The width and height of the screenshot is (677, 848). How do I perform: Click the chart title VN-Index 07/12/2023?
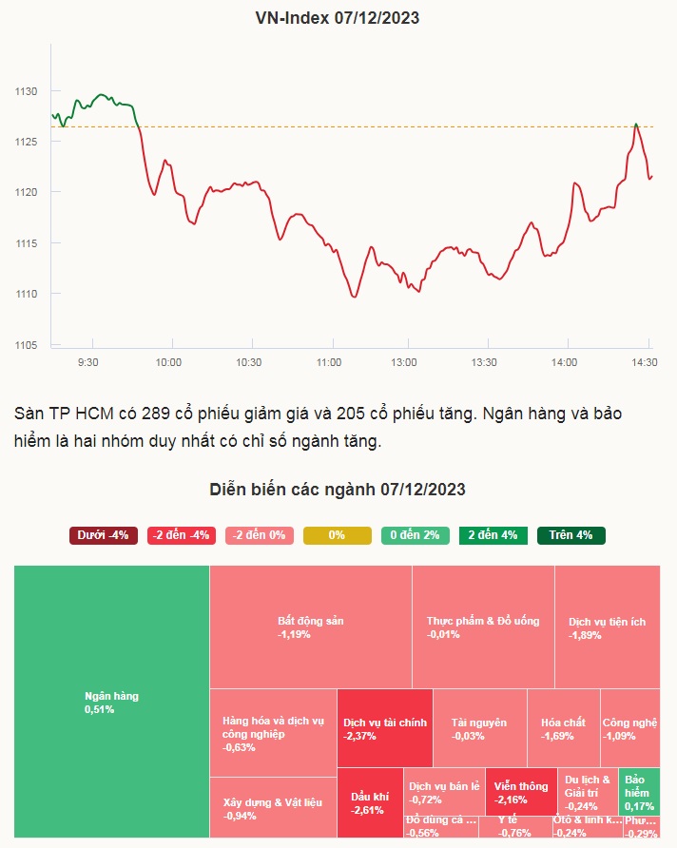click(338, 17)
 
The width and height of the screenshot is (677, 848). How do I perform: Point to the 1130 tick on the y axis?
click(25, 91)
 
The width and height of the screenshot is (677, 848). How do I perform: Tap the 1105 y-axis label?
click(25, 344)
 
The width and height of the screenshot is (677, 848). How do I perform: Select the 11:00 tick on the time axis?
click(329, 362)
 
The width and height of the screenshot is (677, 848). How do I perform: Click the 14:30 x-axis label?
click(646, 362)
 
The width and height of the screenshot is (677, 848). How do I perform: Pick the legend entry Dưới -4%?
click(104, 535)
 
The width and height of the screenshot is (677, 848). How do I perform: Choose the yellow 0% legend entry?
click(337, 535)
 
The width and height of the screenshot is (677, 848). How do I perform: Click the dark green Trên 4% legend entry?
click(571, 535)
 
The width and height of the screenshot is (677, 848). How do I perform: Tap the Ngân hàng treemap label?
click(111, 696)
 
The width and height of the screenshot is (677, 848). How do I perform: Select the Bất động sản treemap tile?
click(310, 626)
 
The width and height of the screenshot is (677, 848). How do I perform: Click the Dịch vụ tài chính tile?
click(384, 728)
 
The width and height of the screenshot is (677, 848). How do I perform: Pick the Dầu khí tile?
click(369, 802)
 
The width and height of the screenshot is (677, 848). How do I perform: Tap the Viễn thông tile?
click(520, 792)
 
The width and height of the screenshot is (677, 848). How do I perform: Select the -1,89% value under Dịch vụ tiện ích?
click(585, 635)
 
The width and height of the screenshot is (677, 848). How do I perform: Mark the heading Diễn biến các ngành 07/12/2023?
click(338, 490)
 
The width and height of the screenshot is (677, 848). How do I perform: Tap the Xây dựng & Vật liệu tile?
click(272, 808)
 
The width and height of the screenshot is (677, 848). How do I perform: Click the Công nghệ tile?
click(629, 728)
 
